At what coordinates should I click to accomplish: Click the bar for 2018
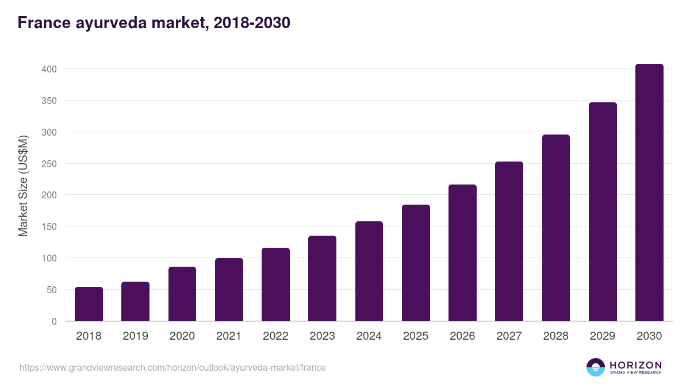coord(89,304)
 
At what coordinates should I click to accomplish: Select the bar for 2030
coord(649,193)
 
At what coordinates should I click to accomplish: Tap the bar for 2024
coord(369,271)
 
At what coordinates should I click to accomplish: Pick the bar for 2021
coord(229,290)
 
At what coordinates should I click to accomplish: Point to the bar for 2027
coord(509,241)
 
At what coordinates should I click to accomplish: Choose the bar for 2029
coord(603,212)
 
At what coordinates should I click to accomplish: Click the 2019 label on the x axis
coord(136,336)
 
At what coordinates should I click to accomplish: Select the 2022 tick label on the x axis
coord(275,336)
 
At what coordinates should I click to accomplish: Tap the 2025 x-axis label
coord(416,336)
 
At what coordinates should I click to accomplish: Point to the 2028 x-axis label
coord(556,336)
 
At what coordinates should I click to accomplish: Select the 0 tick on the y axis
coord(54,321)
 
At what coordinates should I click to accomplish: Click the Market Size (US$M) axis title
coord(23,186)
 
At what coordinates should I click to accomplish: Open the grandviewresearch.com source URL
coord(172,367)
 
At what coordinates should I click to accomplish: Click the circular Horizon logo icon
coord(595,367)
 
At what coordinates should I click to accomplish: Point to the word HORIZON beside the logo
coord(635,364)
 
